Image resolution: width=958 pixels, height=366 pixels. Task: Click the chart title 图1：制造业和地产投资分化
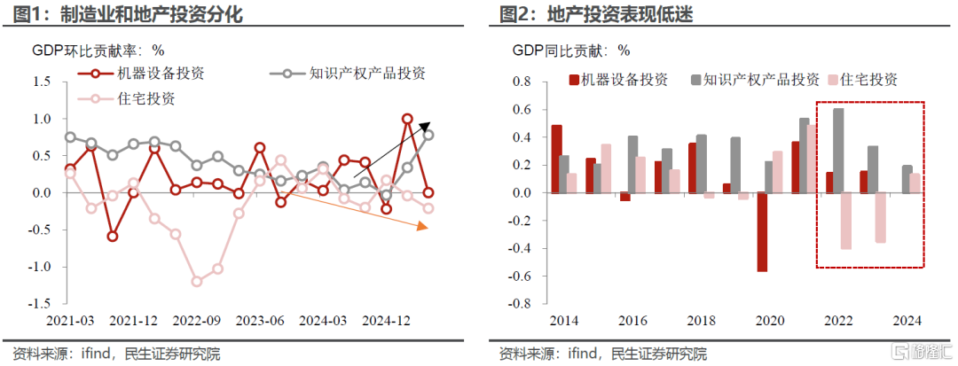(124, 14)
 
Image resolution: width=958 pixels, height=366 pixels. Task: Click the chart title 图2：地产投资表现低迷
(595, 14)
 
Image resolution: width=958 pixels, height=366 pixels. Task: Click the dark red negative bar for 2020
(762, 231)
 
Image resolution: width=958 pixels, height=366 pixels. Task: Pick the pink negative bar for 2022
(845, 221)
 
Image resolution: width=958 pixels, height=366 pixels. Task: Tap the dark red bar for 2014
(556, 159)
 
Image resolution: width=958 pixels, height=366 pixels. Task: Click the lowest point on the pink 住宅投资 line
(196, 282)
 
